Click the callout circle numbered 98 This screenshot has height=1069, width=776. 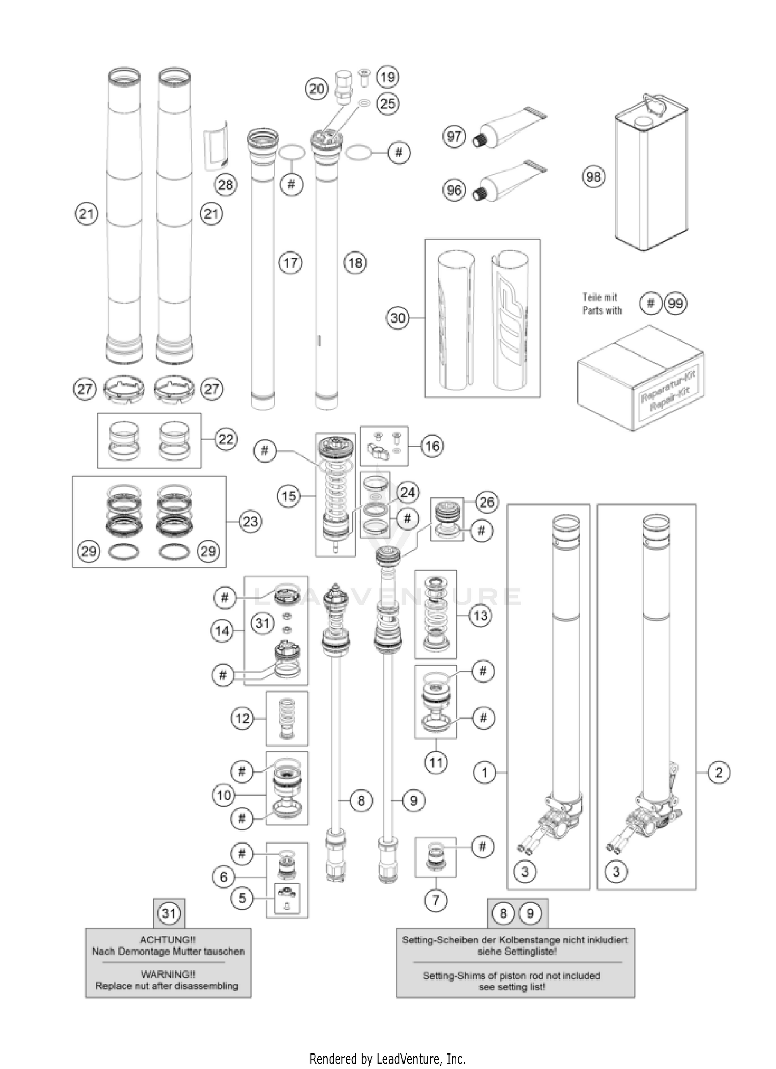coord(593,177)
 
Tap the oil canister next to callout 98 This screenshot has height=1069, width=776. coord(650,176)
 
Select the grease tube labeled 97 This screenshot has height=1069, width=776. coord(504,128)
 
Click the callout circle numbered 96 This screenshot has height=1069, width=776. coord(454,190)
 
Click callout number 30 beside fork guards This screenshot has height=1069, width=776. coord(397,318)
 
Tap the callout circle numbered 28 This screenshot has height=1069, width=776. coord(226,185)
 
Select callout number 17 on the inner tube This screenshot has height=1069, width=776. coord(290,263)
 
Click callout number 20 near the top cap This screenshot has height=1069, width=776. coord(317,90)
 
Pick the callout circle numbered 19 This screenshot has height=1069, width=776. coord(387,78)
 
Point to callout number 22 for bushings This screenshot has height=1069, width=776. coord(226,439)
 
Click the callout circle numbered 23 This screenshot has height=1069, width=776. coord(250,522)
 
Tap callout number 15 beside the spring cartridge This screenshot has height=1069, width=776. coord(289,496)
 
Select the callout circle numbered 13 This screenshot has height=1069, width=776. coord(480,616)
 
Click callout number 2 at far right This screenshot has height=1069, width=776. coord(718,773)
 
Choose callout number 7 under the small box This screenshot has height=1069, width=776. coord(436,900)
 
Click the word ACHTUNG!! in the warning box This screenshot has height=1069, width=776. coord(167,939)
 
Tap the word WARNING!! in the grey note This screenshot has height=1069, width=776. coord(167,974)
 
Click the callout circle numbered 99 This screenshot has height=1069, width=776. coord(676,303)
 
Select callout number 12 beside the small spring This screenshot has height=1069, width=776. coord(242,718)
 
